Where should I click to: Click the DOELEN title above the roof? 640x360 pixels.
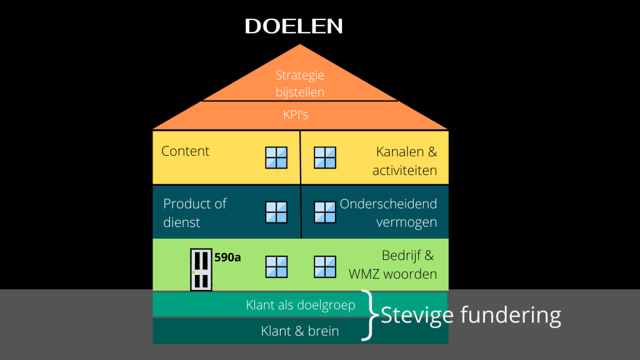[x=294, y=26]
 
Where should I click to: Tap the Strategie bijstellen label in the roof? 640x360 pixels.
[x=300, y=84]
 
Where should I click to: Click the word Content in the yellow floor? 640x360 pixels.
[x=185, y=151]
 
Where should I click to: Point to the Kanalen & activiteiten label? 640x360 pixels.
[x=405, y=161]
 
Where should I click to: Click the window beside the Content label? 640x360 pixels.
[x=276, y=157]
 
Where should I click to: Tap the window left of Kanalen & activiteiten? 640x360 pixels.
[x=324, y=157]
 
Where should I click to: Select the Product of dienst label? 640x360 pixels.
[x=194, y=212]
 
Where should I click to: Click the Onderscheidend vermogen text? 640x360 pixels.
[x=388, y=213]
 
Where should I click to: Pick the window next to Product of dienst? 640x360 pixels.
[x=276, y=212]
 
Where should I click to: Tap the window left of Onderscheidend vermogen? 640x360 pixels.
[x=324, y=212]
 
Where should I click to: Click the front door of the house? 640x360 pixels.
[x=201, y=270]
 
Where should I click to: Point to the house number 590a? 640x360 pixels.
[x=227, y=257]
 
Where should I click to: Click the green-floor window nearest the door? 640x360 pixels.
[x=276, y=267]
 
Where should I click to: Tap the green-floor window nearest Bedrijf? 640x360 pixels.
[x=324, y=267]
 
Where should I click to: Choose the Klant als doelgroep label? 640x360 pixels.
[x=301, y=305]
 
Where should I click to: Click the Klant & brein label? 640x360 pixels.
[x=300, y=331]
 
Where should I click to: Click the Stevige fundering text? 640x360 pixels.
[x=471, y=314]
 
